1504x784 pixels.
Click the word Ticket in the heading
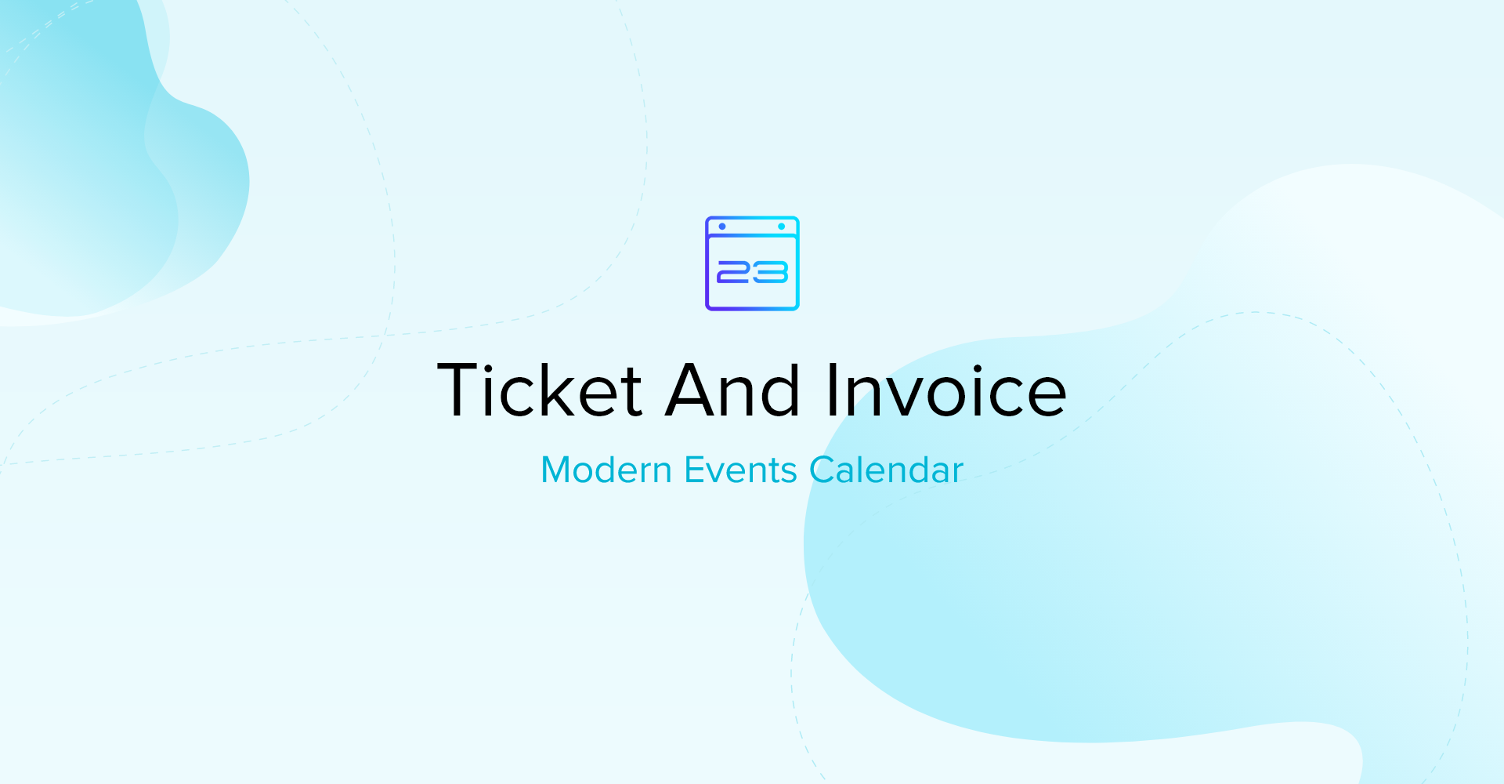540,390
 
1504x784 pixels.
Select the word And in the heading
732,390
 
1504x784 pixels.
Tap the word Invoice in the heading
946,390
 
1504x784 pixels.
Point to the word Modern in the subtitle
606,470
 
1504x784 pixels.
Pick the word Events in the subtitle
740,470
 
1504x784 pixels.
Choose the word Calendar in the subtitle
886,470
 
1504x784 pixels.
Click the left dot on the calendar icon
722,227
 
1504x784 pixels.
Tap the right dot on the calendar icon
781,227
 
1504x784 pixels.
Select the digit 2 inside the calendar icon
734,272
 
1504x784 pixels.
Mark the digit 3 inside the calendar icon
771,272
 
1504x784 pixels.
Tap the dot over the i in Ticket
488,367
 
